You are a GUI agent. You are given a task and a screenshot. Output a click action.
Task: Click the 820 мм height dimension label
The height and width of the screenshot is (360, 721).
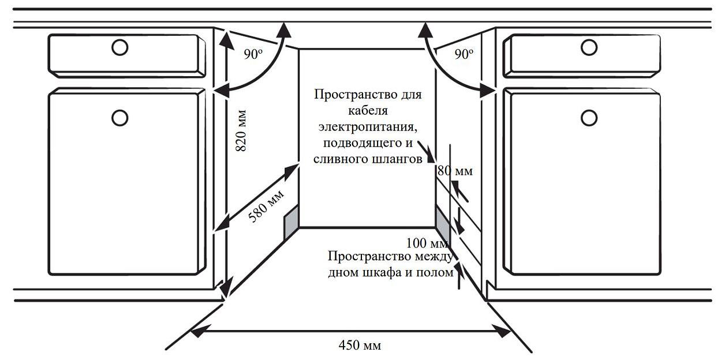point(241,130)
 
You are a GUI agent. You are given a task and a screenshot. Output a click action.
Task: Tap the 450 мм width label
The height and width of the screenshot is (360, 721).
point(359,346)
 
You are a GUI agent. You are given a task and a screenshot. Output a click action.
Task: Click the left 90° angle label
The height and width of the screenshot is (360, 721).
point(253,55)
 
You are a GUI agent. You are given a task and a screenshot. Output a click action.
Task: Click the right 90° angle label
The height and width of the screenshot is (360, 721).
point(464,55)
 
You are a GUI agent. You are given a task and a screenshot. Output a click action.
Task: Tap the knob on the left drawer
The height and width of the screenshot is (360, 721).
point(119,47)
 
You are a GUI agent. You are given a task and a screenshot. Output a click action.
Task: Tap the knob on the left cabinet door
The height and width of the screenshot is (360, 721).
point(119,117)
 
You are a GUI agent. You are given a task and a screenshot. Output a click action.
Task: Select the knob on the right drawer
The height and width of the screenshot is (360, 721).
point(589,47)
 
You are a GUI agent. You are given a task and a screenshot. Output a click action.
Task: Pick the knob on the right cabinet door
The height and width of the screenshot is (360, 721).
point(589,117)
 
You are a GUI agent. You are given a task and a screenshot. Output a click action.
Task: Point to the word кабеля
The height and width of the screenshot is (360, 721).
point(368,110)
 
